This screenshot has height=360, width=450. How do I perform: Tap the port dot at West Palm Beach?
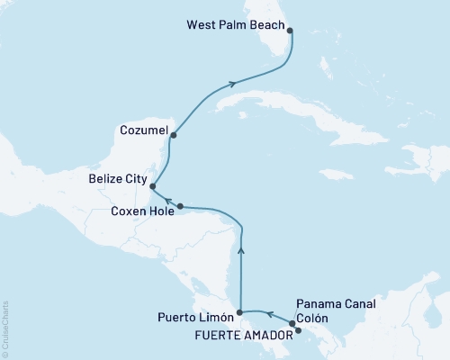(x=289, y=28)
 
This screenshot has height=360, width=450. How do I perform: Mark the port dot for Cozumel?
(x=173, y=136)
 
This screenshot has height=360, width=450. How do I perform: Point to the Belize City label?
(x=119, y=180)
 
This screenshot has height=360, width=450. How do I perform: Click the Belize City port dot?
(x=154, y=187)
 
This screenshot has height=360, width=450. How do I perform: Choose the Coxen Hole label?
(x=144, y=211)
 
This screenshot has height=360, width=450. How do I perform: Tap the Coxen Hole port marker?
(x=180, y=205)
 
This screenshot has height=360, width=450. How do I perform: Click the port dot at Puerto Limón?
(x=238, y=312)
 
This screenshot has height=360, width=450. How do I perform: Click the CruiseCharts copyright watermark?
(x=5, y=328)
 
